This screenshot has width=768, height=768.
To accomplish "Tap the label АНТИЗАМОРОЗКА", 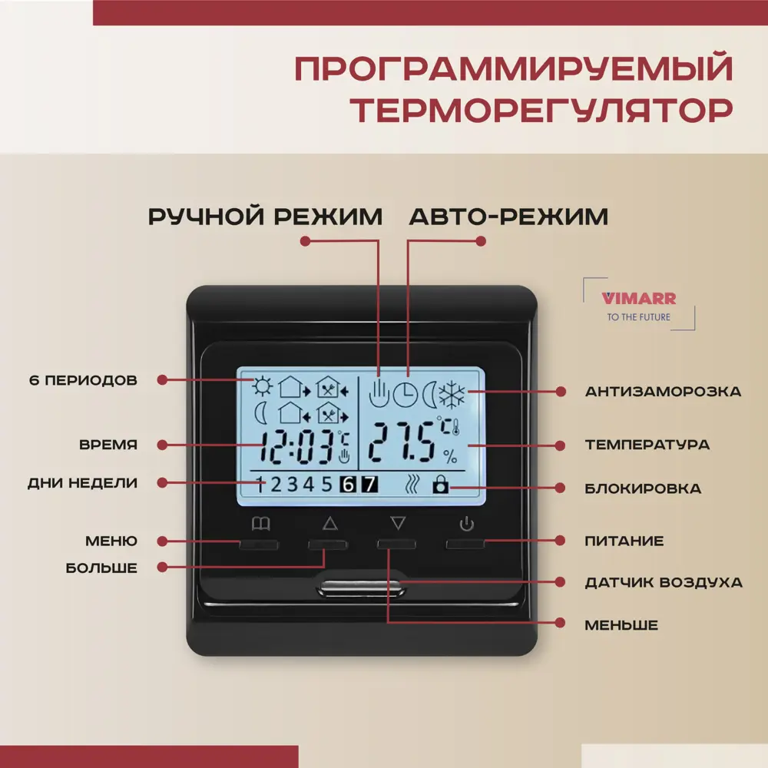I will point(663,392).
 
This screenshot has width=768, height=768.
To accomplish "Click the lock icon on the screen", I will point(439,485).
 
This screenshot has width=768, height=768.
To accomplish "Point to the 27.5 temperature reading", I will point(403,443).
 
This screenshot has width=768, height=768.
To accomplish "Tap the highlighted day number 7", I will point(369,485).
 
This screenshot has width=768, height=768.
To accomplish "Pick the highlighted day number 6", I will point(349,485).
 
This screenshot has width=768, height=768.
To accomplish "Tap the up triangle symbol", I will point(330,525).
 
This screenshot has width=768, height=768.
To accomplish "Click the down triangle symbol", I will point(397,524).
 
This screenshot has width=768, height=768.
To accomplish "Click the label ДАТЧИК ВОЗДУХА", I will point(663,582).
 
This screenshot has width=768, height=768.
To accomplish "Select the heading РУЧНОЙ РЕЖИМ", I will point(265,217).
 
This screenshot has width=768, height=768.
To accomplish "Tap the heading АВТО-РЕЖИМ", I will point(508,217).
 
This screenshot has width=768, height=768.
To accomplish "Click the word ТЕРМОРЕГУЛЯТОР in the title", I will point(541,110).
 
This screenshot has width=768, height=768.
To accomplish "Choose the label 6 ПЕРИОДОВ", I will point(82,380).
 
